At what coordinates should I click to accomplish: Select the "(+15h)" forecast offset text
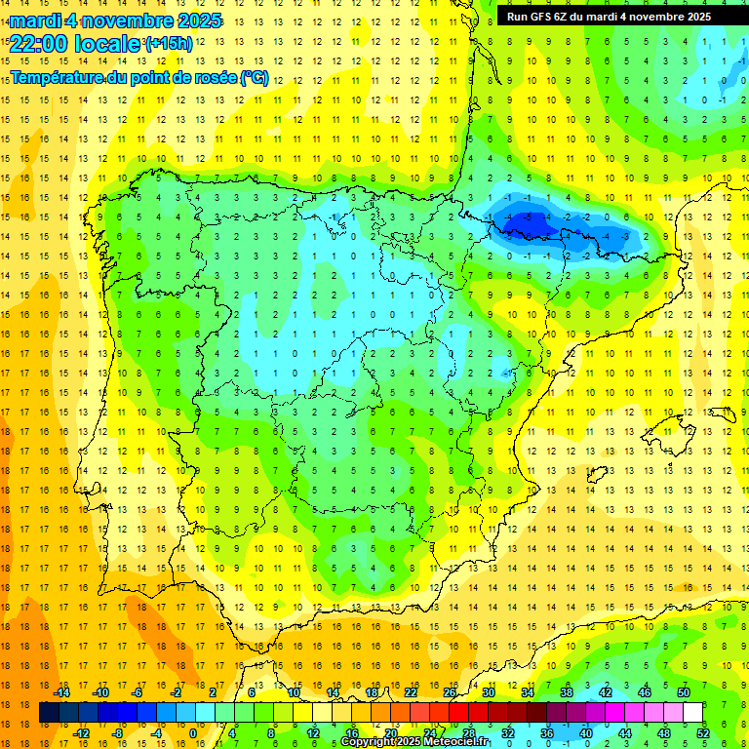tap(168, 44)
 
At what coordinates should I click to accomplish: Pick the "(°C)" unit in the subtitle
tap(254, 78)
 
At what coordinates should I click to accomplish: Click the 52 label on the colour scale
tap(703, 733)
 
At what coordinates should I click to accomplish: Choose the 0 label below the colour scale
tap(193, 733)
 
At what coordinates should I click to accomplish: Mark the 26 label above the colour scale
tap(450, 692)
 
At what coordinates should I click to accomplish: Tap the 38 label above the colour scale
tap(567, 692)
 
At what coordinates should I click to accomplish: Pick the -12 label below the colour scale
tap(81, 733)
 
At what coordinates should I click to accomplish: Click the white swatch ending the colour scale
tap(693, 713)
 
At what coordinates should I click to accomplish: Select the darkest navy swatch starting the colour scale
tap(49, 713)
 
